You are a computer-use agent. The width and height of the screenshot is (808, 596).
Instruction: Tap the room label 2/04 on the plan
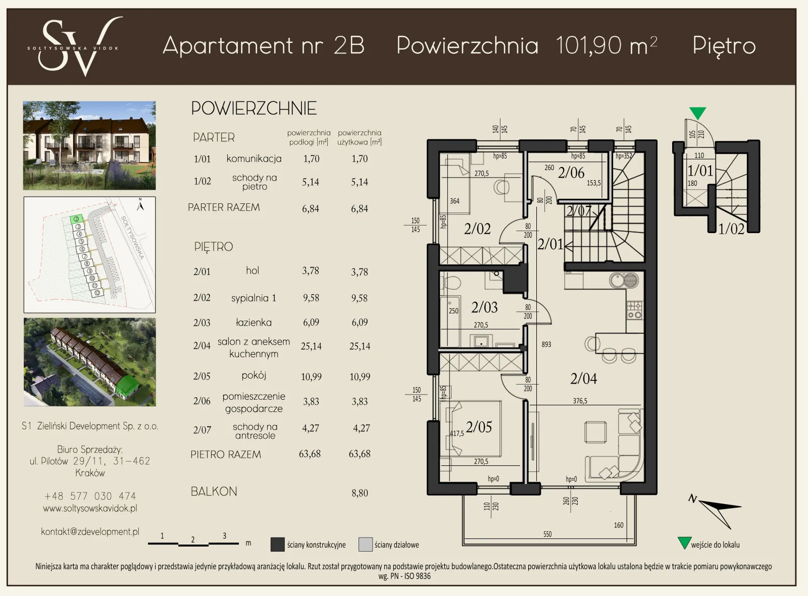click(583, 378)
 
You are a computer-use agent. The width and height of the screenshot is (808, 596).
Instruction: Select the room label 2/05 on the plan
click(479, 427)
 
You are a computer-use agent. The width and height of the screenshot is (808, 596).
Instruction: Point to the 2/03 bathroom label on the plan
click(484, 307)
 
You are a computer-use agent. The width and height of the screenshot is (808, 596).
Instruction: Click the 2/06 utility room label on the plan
click(571, 173)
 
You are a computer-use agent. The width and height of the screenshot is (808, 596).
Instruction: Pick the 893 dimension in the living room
click(546, 344)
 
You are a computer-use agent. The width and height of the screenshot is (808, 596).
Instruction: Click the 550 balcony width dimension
click(547, 534)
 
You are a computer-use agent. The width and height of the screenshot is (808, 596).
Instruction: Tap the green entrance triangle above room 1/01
click(697, 113)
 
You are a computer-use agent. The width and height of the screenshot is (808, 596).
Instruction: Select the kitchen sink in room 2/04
click(624, 281)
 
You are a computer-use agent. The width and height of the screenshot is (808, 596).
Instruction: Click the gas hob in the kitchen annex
click(635, 310)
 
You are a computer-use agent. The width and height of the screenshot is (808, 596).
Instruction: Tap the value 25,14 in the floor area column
click(311, 346)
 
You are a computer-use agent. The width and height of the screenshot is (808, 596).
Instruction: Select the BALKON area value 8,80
click(360, 493)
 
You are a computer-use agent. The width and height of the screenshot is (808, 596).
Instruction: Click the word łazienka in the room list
click(254, 322)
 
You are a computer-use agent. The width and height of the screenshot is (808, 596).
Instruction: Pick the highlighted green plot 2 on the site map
click(76, 219)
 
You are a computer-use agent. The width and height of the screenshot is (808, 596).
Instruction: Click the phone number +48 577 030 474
click(90, 496)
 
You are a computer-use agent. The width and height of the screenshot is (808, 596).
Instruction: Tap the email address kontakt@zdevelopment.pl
click(90, 531)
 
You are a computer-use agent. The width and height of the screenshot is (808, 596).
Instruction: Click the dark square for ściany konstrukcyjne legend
click(277, 545)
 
